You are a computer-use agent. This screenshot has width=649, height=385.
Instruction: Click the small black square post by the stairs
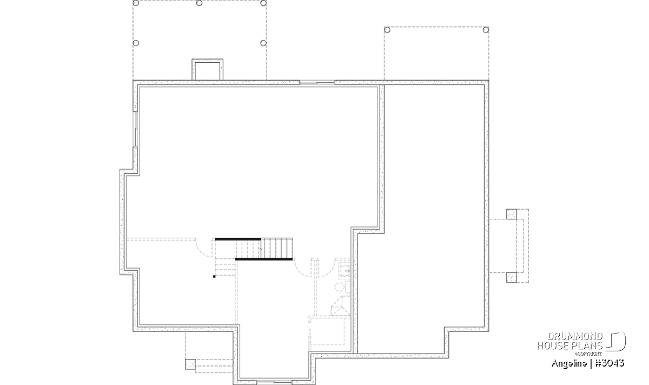tap(214, 277)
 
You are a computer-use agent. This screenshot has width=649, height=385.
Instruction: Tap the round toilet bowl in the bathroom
tap(339, 287)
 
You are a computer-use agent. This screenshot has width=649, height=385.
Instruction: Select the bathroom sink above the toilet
tap(346, 270)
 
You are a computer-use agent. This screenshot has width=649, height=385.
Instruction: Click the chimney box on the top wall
tap(208, 70)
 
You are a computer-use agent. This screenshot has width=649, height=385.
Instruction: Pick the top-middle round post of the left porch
tap(200, 3)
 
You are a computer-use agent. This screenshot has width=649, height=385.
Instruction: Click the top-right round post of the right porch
tap(486, 30)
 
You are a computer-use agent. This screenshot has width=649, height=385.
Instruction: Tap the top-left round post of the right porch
tap(387, 30)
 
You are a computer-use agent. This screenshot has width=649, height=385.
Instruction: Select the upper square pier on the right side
tap(512, 214)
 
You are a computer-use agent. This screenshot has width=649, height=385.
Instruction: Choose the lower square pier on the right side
tap(512, 278)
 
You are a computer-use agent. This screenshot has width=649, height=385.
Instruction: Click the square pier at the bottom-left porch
tap(190, 364)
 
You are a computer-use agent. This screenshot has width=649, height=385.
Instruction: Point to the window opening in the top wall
tap(317, 83)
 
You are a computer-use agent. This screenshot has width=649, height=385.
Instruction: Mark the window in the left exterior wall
tap(135, 129)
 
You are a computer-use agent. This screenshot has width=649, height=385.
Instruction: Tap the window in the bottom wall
tap(274, 383)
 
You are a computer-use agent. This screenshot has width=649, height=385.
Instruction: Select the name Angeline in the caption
tap(569, 363)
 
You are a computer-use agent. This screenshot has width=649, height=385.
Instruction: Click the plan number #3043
tap(610, 363)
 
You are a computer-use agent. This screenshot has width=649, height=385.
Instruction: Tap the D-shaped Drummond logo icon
tap(616, 341)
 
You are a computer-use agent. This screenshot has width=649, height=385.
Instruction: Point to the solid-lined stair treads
tap(277, 248)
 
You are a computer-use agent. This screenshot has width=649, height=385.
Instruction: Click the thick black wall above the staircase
tap(238, 239)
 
